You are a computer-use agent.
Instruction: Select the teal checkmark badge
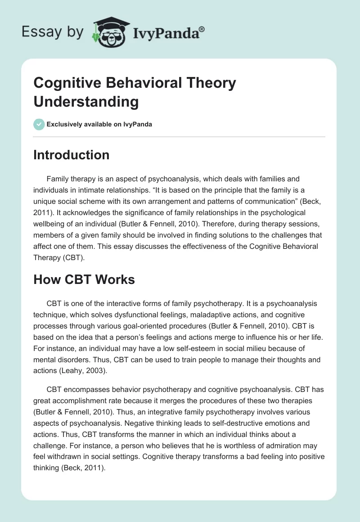point(39,124)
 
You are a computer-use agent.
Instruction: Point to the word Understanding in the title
point(86,102)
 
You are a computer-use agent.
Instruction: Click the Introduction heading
point(71,155)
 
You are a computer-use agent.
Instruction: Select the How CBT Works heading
point(84,279)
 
